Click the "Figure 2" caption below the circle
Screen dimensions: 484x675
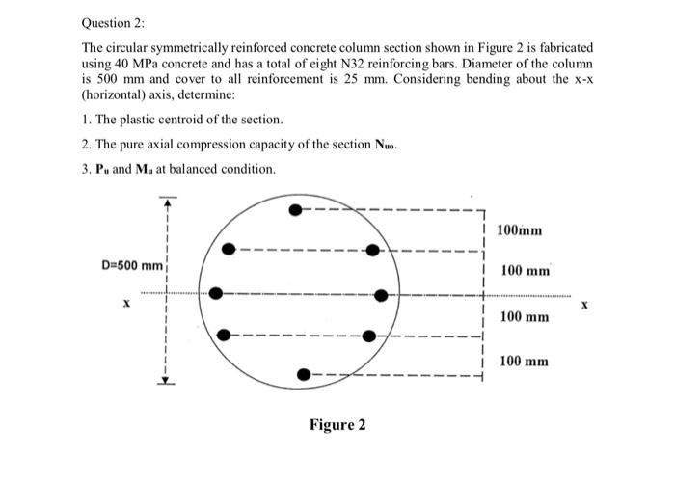click(x=337, y=425)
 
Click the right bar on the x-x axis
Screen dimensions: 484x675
click(x=380, y=294)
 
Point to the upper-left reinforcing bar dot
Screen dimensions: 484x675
click(x=229, y=249)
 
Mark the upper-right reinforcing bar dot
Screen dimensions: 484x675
click(x=373, y=251)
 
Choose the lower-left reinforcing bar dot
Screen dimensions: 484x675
click(x=224, y=335)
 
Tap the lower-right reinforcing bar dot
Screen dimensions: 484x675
click(x=368, y=336)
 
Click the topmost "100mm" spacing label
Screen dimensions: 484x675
click(x=521, y=230)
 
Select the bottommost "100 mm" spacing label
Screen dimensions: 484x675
click(x=524, y=361)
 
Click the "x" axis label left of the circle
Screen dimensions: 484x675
click(x=125, y=303)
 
